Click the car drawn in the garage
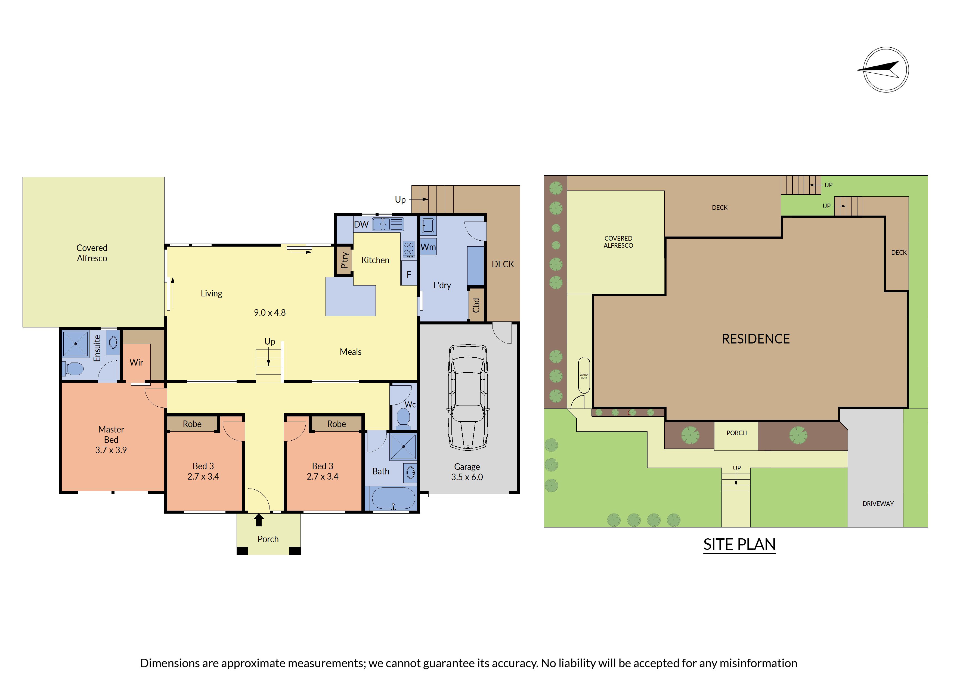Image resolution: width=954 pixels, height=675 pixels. pos(468,397)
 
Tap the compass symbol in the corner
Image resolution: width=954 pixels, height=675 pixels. pos(885,69)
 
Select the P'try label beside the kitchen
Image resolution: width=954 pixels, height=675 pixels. pos(345,260)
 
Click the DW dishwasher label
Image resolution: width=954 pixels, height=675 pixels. pos(361,225)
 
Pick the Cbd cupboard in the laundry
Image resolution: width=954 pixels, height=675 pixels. pos(476,305)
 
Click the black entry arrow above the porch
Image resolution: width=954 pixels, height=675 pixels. pos(259,520)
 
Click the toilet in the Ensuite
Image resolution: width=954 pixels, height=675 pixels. pos(73,369)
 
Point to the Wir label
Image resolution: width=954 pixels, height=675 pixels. pos(136,362)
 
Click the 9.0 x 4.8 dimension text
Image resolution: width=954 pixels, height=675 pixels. pos(270,313)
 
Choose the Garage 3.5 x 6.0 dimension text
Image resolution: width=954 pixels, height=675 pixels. pos(467,472)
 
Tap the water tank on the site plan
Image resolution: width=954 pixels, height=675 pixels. pos(584,375)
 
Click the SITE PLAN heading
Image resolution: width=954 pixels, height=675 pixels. pos(739,544)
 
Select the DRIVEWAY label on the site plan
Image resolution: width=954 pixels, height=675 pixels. pos(878,504)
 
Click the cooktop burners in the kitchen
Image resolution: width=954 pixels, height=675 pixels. pos(409,249)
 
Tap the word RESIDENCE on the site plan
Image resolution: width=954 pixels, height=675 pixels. pos(755,339)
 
